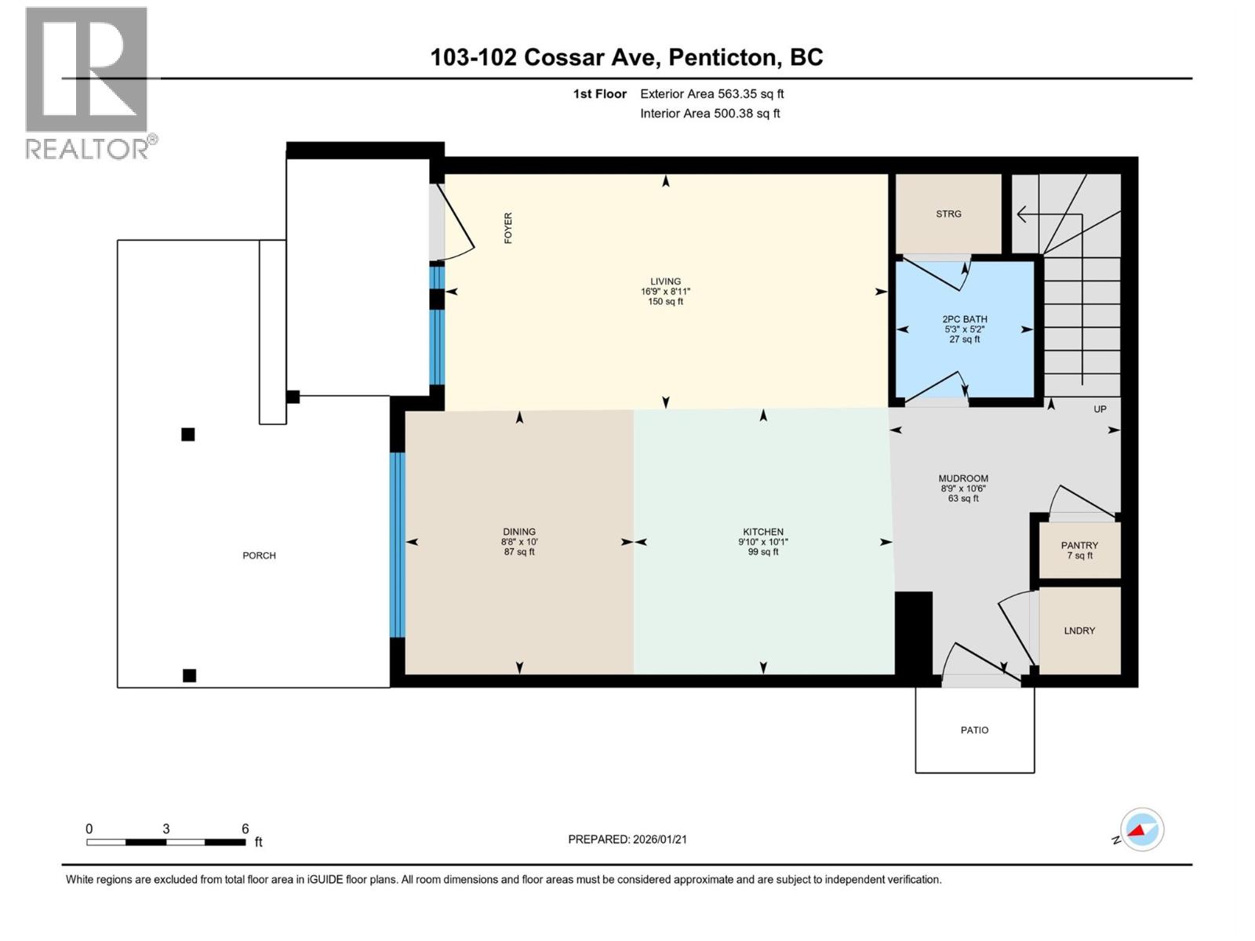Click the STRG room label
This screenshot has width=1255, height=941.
tap(948, 214)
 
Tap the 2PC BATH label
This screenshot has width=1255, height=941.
tap(964, 319)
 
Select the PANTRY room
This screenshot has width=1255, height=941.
tap(1079, 550)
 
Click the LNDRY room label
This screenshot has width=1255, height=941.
tap(1079, 630)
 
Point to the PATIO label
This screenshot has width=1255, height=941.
tap(974, 730)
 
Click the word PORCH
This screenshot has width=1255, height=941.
tap(259, 556)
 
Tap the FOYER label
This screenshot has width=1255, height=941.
tap(508, 228)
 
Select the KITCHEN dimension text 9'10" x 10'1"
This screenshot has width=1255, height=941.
tap(762, 542)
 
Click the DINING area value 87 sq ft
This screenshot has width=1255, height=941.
tap(518, 552)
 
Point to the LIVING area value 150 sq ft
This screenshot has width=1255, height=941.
tap(665, 302)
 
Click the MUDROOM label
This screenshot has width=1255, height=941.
tap(963, 478)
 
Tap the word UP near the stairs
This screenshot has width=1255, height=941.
tap(1100, 409)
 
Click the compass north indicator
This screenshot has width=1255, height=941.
tap(1141, 830)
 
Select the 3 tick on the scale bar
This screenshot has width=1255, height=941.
tap(166, 829)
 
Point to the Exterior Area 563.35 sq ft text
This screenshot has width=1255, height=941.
tap(711, 94)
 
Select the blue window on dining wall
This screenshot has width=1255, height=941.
tap(398, 545)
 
